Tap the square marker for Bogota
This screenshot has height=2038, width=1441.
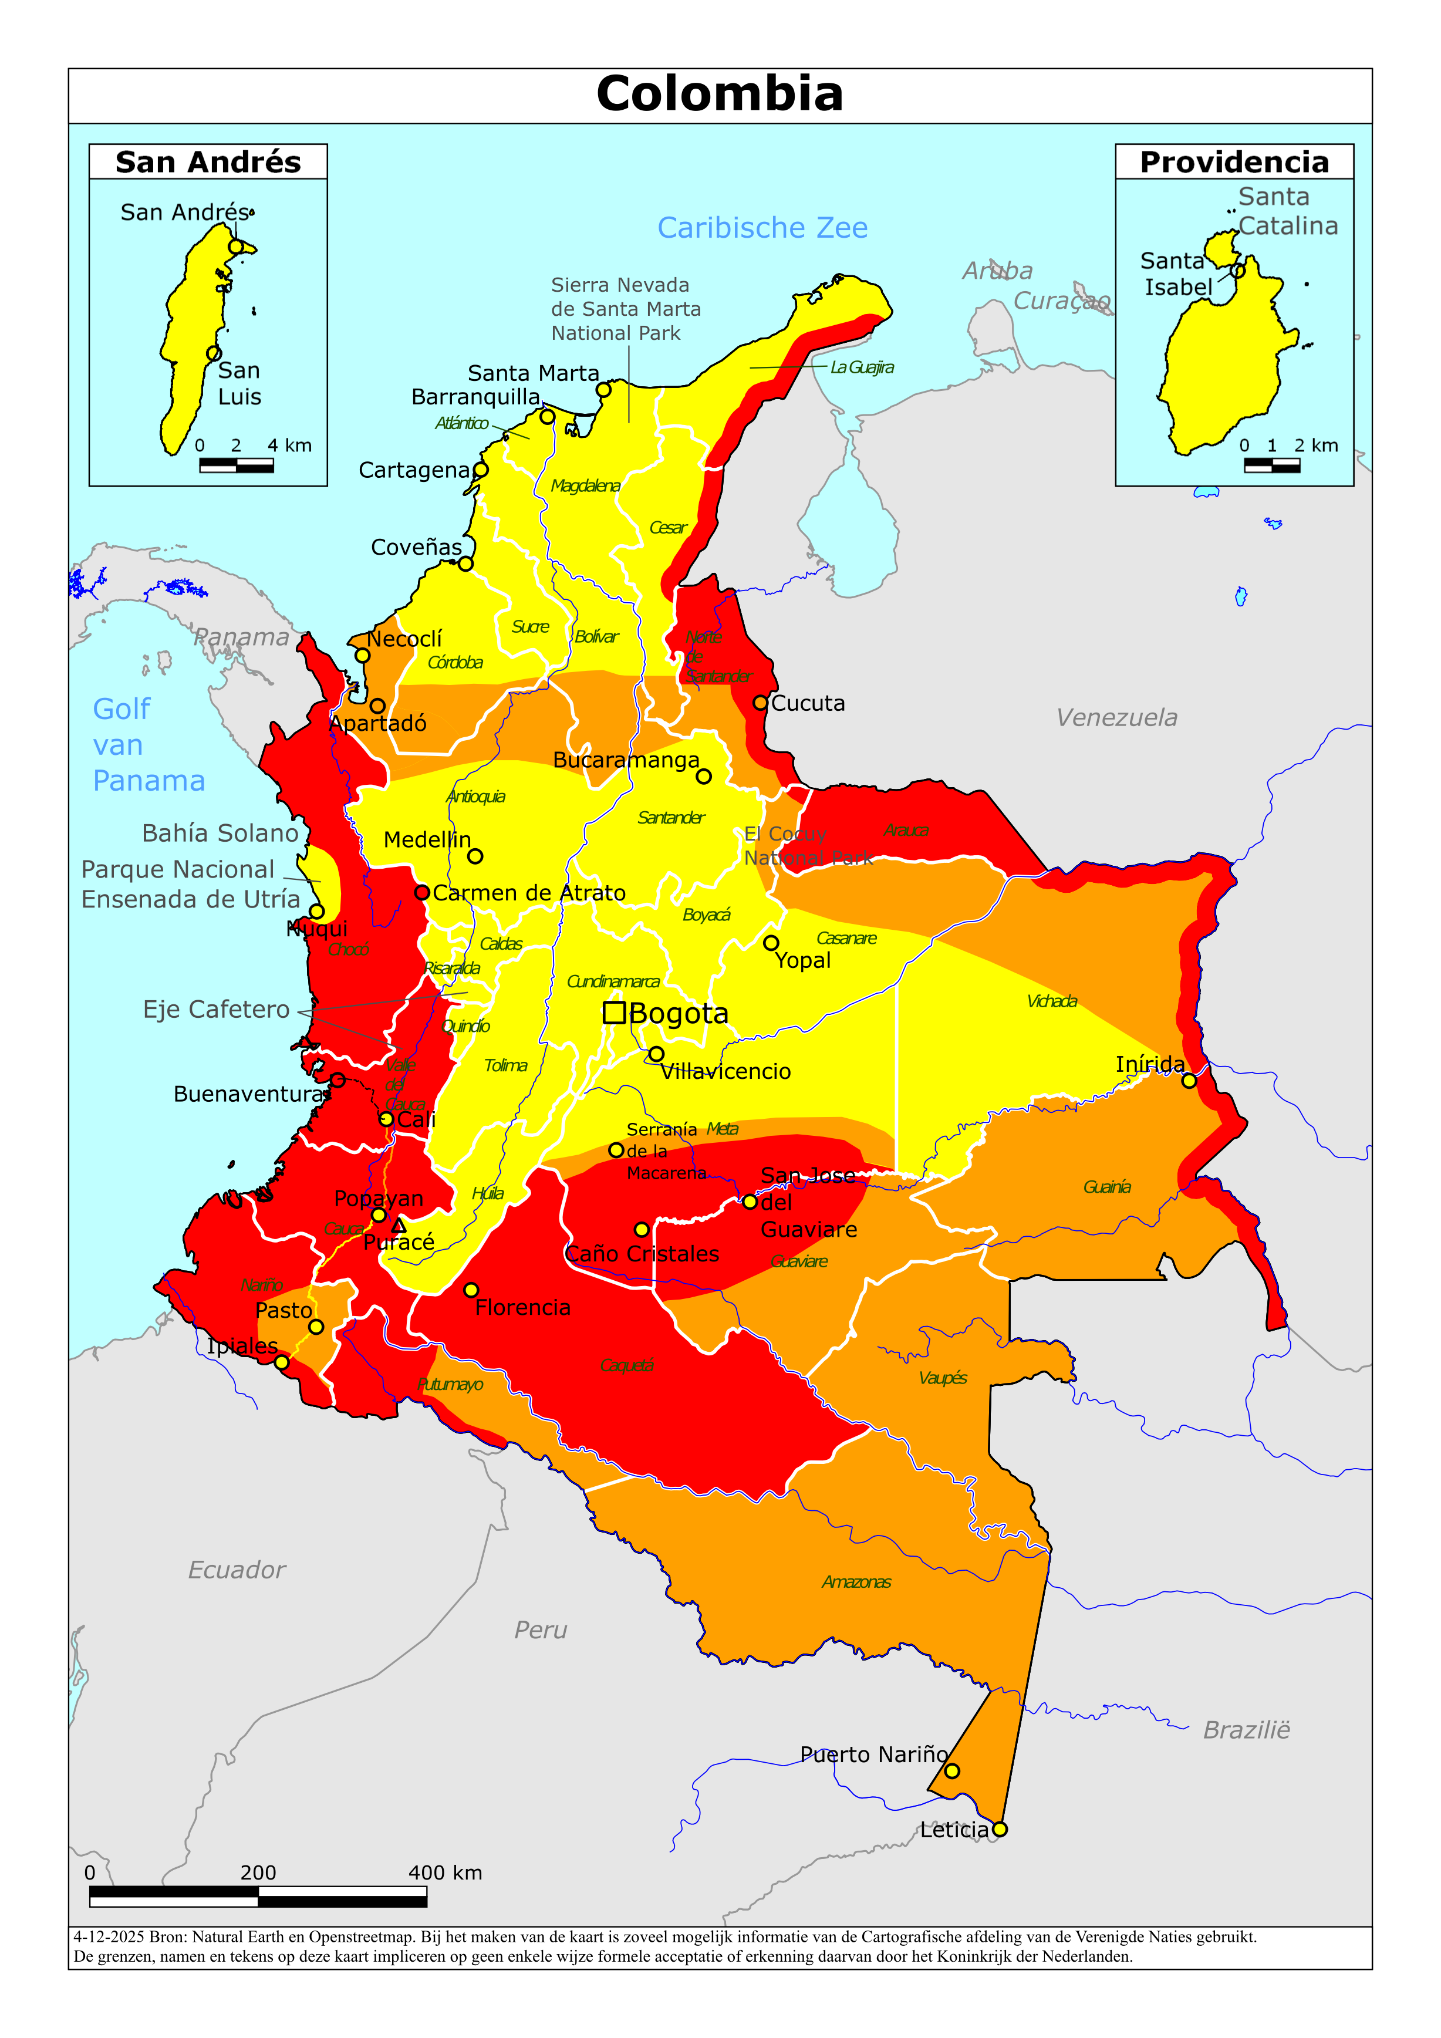(x=613, y=1012)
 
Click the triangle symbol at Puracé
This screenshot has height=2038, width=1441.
(x=399, y=1226)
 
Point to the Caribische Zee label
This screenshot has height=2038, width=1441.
(x=762, y=228)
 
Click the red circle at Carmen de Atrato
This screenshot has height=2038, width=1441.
(x=423, y=892)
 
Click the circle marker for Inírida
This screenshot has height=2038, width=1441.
(x=1189, y=1080)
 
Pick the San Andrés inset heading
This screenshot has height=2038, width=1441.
(x=208, y=163)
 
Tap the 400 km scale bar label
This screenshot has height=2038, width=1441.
(x=445, y=1873)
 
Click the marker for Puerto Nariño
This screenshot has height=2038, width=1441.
(x=952, y=1771)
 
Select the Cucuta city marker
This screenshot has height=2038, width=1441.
(x=760, y=702)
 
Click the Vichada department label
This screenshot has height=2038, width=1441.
(x=1051, y=1001)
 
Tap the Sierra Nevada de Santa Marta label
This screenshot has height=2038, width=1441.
(x=625, y=309)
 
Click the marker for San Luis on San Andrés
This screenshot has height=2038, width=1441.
(x=213, y=353)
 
